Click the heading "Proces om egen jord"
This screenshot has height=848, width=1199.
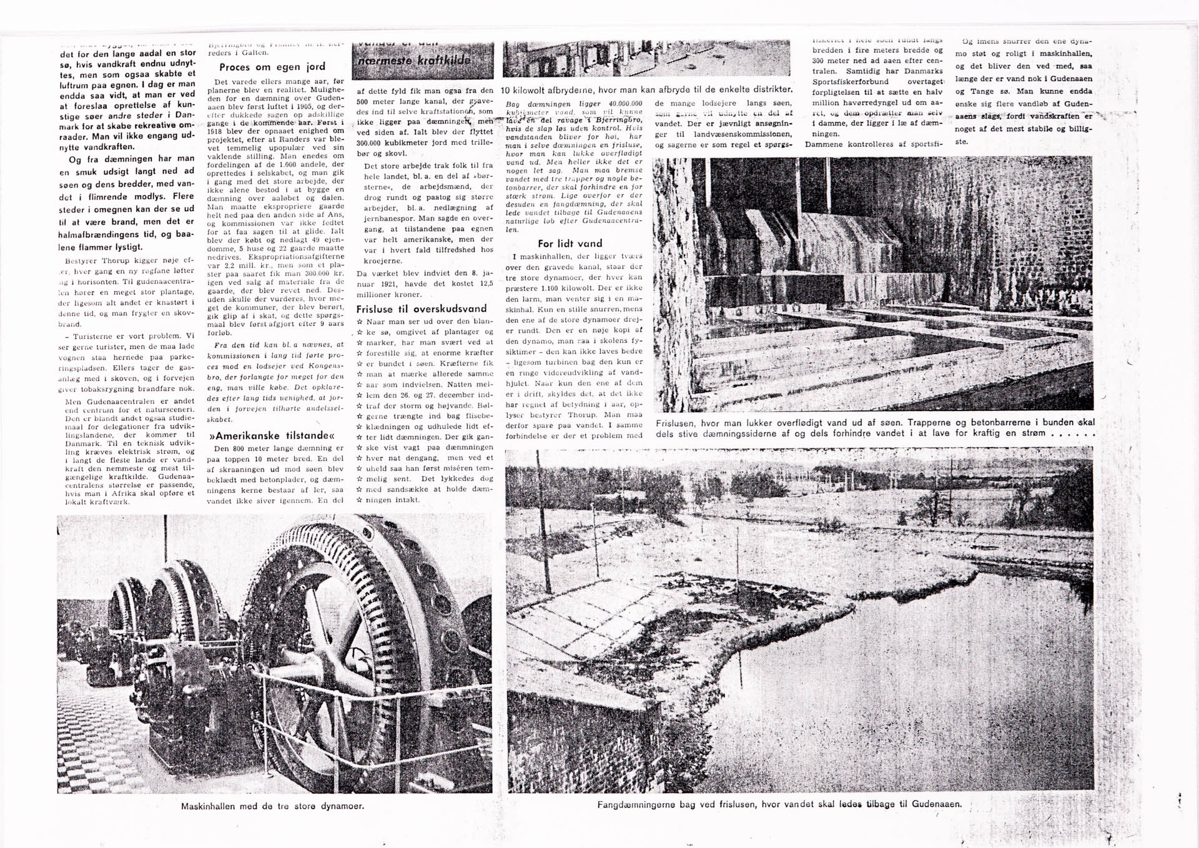click(272, 67)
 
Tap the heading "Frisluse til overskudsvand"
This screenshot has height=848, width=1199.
click(421, 308)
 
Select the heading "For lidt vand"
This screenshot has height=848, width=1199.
click(570, 244)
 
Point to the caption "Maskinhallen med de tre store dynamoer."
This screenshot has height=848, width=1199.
click(272, 806)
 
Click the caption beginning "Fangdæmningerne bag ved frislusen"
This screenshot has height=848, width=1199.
click(779, 804)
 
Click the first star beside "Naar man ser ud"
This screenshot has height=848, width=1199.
click(360, 322)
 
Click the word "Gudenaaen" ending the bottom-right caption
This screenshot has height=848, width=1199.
click(936, 804)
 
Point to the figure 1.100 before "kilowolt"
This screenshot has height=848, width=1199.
click(556, 288)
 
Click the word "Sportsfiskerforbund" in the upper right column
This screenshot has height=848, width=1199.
click(851, 82)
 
